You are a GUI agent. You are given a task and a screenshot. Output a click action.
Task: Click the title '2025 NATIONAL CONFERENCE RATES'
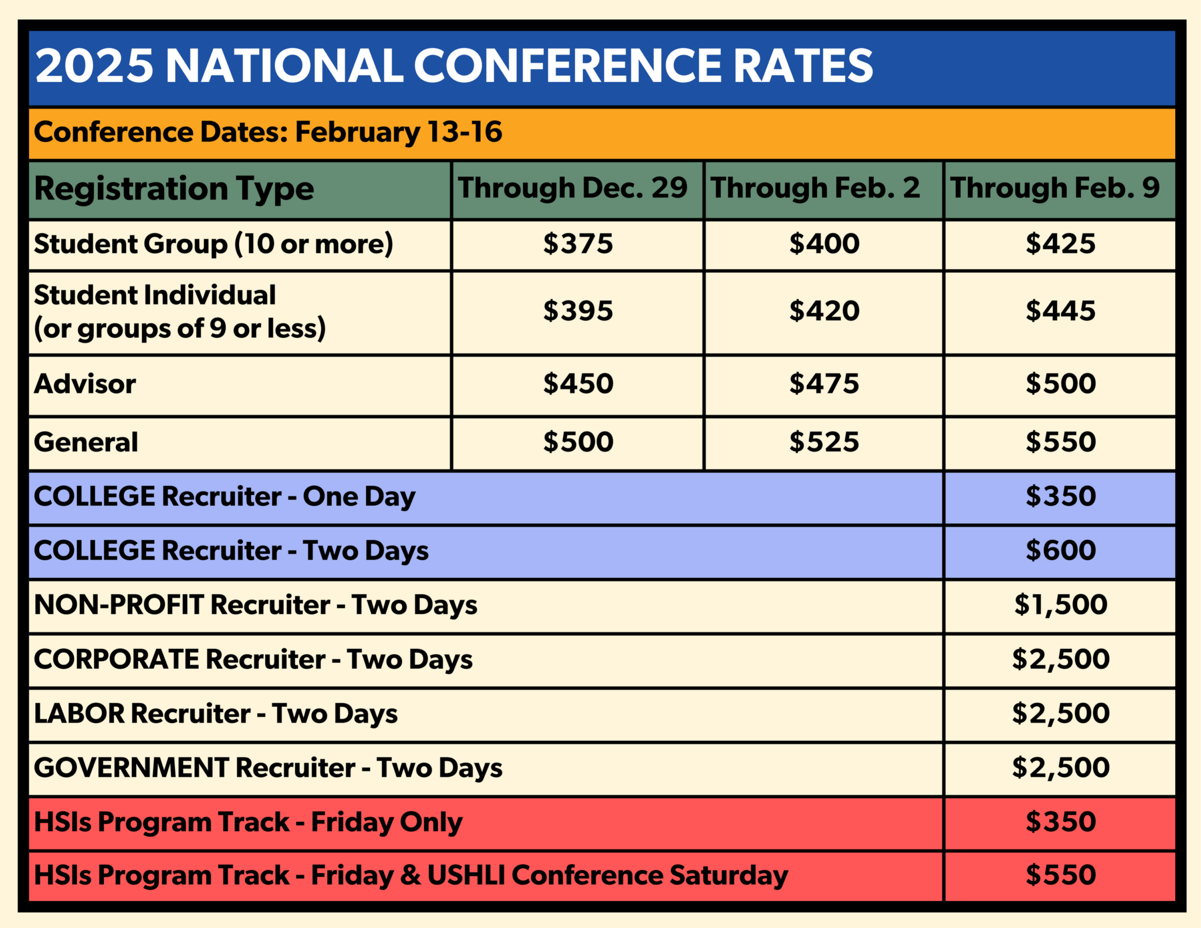[x=454, y=65]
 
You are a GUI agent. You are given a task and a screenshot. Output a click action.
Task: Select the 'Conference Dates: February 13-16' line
[x=268, y=132]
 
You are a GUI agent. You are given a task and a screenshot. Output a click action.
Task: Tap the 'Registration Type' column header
[x=174, y=189]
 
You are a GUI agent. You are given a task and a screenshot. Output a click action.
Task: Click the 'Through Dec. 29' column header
[x=572, y=188]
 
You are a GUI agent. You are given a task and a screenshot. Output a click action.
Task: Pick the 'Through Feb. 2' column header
[x=815, y=188]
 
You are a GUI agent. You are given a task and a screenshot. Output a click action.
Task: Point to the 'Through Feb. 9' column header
[x=1055, y=188]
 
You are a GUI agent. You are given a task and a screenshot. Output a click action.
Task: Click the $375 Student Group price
[x=578, y=243]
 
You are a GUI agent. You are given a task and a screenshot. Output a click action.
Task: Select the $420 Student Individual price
[x=824, y=310]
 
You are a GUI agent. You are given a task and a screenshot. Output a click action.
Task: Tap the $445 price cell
[x=1060, y=310]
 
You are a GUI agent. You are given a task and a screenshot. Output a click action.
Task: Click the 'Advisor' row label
[x=85, y=384]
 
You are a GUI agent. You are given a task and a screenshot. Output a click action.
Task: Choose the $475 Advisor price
[x=824, y=384]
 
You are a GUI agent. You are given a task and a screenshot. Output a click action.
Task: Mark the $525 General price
[x=824, y=442]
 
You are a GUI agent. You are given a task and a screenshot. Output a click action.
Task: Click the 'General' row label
[x=86, y=442]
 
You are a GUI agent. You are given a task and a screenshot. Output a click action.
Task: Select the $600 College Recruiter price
[x=1060, y=550]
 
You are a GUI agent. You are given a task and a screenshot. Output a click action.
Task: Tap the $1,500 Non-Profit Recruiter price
[x=1060, y=605]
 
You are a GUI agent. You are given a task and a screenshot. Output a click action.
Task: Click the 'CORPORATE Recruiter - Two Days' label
[x=253, y=660]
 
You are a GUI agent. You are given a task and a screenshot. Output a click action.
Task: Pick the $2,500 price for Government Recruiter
[x=1060, y=767]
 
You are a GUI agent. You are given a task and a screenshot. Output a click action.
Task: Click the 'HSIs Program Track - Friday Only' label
[x=248, y=822]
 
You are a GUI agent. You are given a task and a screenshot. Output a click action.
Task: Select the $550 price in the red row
[x=1060, y=875]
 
